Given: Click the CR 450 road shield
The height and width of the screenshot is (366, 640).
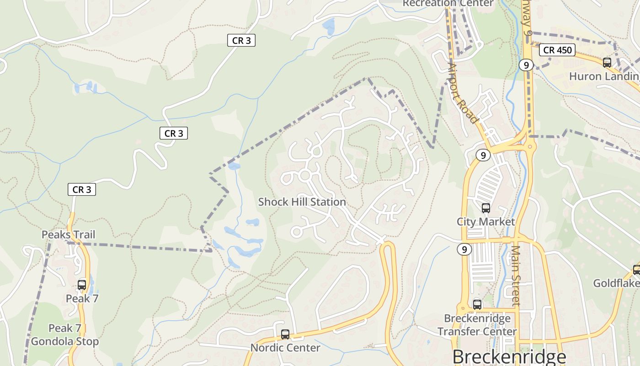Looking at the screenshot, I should [x=557, y=50].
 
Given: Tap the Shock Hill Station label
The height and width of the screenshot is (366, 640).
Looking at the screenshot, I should [x=302, y=202].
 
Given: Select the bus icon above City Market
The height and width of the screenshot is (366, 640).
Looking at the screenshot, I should [x=485, y=208].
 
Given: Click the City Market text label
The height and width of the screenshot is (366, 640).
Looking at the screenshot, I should [x=485, y=222].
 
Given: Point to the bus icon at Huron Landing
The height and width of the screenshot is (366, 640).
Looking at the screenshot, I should [x=607, y=63].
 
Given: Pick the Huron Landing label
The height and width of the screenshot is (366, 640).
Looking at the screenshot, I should [x=603, y=76].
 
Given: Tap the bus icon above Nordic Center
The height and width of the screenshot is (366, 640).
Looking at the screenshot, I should [x=285, y=334].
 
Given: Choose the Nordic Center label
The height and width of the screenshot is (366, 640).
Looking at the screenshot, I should [x=285, y=348].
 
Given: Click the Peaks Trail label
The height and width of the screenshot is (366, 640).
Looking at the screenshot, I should [x=69, y=235].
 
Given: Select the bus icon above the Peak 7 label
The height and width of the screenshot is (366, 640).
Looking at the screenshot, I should [x=82, y=285].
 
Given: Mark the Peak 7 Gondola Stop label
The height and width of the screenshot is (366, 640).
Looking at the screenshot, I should [x=65, y=335].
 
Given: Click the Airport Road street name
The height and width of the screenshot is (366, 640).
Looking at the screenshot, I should [x=462, y=93].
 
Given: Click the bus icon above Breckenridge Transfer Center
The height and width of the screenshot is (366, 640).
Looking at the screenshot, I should [x=477, y=305].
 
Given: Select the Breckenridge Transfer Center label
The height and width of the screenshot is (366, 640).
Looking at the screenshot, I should [x=477, y=324].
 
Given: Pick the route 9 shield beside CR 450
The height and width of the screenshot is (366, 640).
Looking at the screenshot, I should [x=526, y=65].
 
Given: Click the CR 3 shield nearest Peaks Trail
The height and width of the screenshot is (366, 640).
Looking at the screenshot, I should [x=82, y=189].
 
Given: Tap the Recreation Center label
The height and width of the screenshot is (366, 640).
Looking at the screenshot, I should [x=448, y=3].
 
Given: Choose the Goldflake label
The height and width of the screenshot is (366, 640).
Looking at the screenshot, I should [x=616, y=284].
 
